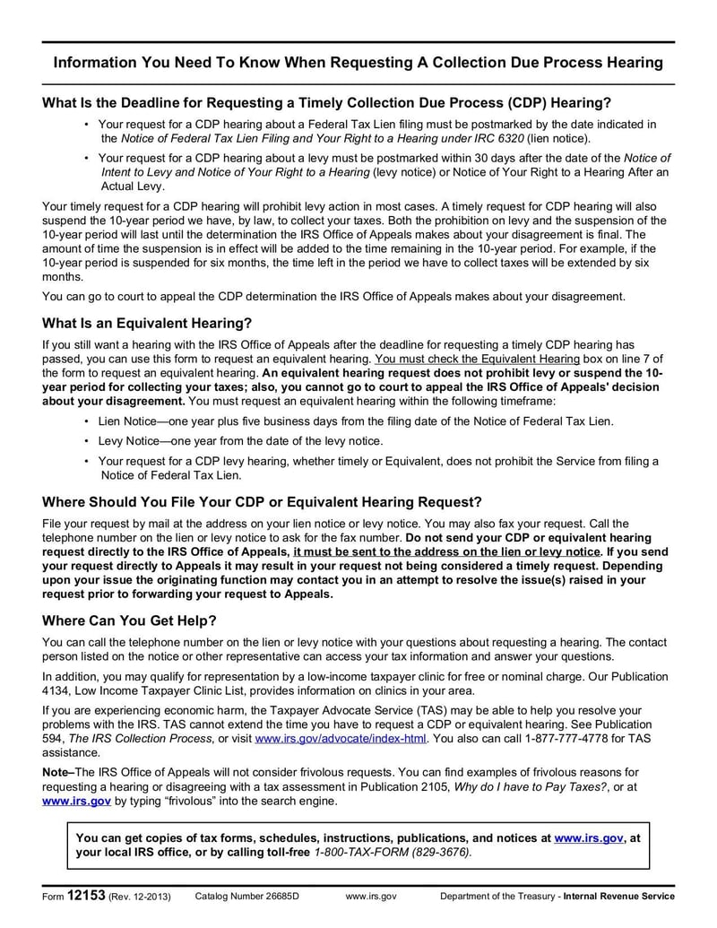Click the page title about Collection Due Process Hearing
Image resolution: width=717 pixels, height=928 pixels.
pos(358,63)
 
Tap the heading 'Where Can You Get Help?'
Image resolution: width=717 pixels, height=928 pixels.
pos(129,620)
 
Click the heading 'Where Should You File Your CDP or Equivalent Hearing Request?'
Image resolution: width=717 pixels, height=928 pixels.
pos(262,502)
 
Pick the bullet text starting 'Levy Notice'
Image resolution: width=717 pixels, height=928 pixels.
pos(240,440)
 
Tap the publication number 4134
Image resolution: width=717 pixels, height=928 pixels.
pos(57,690)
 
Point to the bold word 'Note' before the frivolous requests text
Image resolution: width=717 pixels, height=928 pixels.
pos(57,773)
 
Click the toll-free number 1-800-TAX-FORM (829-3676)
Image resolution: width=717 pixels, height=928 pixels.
pos(392,852)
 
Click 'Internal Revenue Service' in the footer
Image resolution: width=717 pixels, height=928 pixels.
pos(618,897)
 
